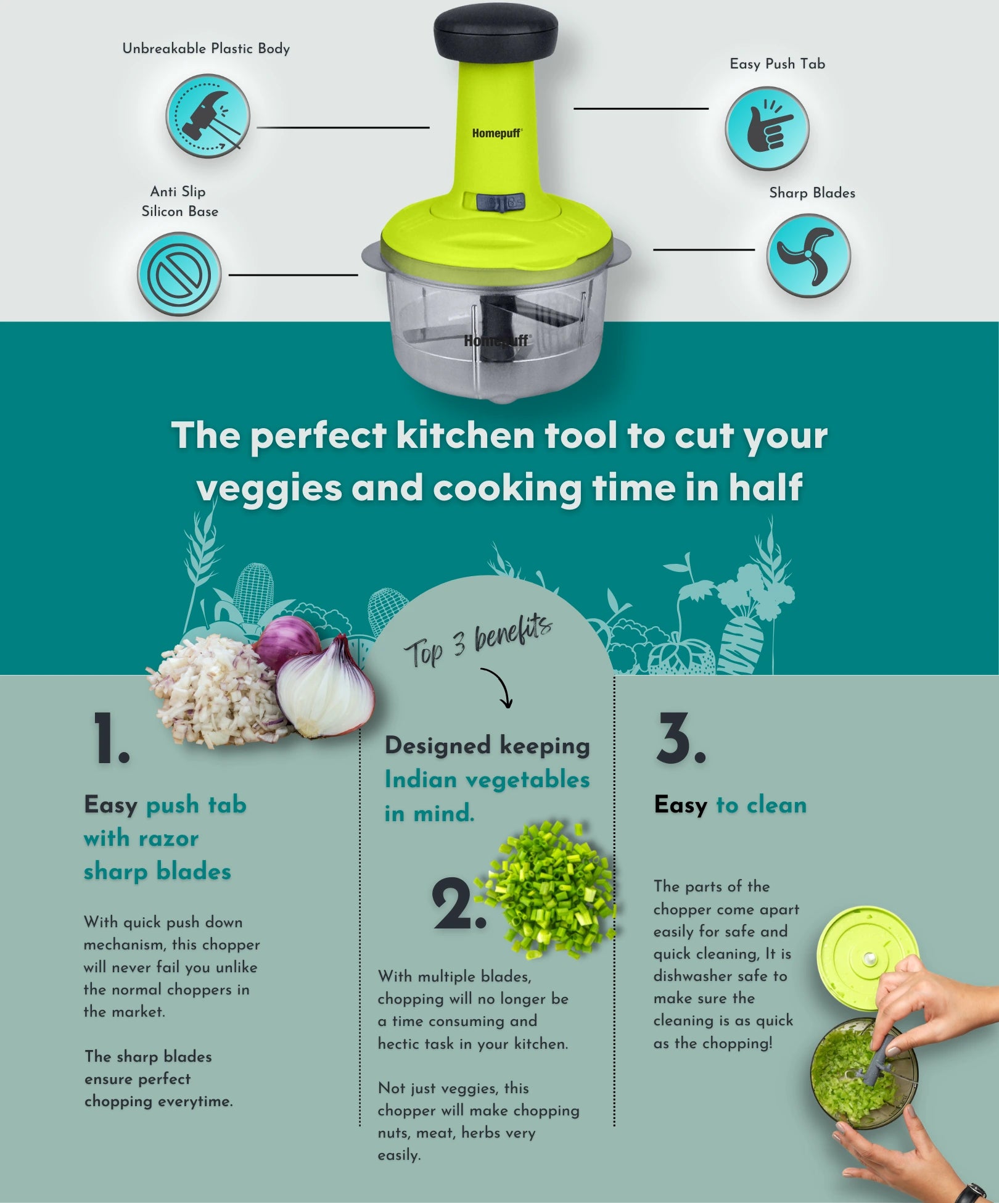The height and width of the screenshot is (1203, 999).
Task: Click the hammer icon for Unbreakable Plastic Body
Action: click(x=208, y=116)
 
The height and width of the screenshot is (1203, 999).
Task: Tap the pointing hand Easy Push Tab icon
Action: click(x=767, y=128)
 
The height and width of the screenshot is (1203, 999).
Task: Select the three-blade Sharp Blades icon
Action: click(x=808, y=255)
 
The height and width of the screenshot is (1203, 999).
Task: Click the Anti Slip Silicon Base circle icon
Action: click(x=179, y=274)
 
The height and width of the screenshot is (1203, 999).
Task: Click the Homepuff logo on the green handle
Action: click(x=497, y=133)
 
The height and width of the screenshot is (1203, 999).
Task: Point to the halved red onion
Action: click(x=324, y=687)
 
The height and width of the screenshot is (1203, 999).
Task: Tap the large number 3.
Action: click(x=681, y=738)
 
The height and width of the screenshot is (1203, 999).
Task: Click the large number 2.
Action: click(x=459, y=903)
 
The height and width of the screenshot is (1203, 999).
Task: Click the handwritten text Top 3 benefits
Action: click(x=478, y=642)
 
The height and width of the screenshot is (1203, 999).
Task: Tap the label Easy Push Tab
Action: click(x=777, y=64)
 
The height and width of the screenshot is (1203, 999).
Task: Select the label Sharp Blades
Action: click(x=812, y=192)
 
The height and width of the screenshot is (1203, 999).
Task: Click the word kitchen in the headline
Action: click(x=465, y=435)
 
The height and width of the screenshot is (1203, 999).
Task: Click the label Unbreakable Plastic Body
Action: click(x=206, y=49)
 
